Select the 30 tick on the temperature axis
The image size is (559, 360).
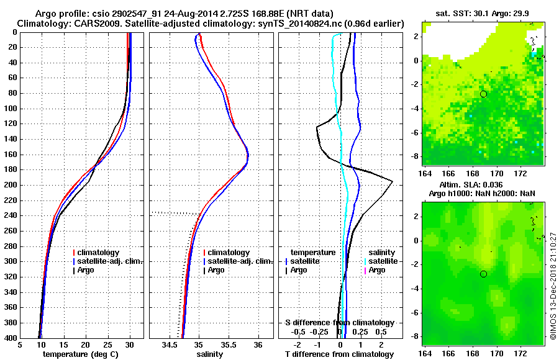click(130, 344)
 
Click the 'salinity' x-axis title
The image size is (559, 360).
click(209, 354)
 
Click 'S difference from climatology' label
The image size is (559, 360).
click(340, 323)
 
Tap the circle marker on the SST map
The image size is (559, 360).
click(484, 94)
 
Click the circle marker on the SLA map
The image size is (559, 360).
click(484, 274)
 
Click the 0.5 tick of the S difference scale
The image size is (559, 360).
click(381, 331)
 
